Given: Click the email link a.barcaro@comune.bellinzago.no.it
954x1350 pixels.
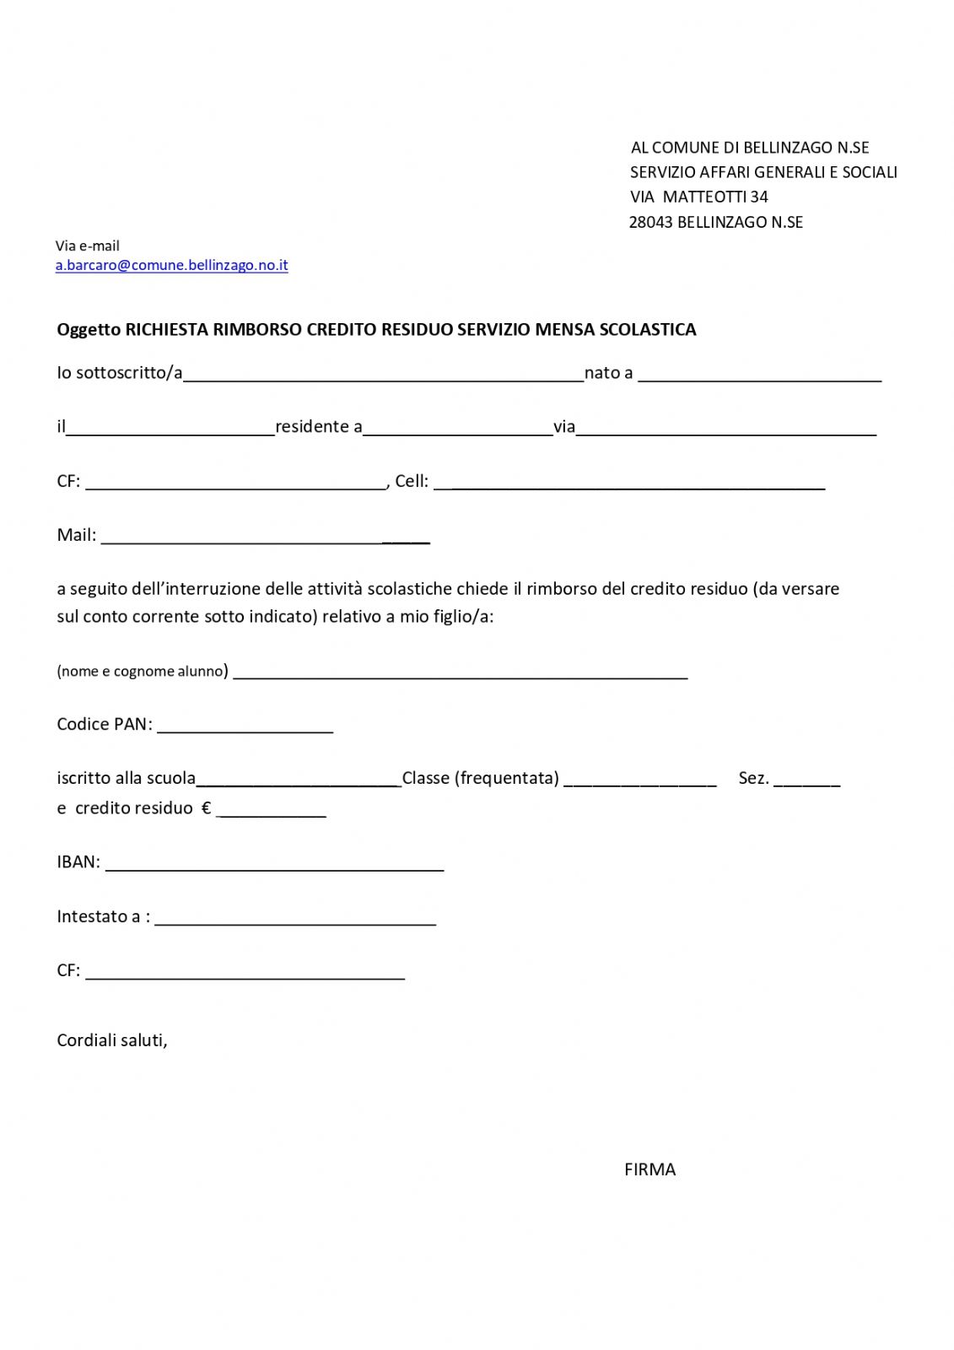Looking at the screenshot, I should point(171,265).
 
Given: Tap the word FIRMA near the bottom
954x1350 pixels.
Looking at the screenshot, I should point(649,1169).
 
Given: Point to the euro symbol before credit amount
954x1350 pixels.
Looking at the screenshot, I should point(206,808).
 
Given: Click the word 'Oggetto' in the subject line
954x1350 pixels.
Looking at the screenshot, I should point(89,330).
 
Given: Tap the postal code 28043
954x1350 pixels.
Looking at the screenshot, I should point(650,223).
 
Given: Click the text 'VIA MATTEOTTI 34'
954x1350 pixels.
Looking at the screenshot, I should point(698,197).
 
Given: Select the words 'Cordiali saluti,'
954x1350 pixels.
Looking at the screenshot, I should point(112,1040).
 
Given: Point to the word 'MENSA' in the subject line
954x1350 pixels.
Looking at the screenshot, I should point(564,330).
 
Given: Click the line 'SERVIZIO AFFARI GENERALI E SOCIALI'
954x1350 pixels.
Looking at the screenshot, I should point(763,173).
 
